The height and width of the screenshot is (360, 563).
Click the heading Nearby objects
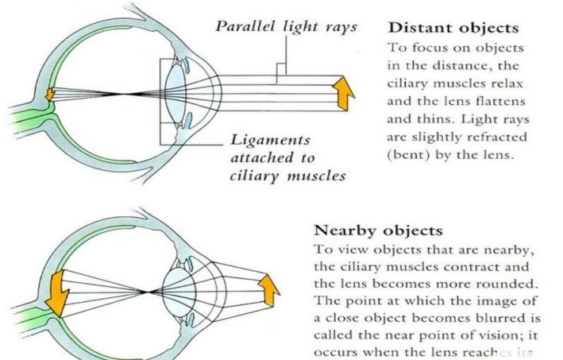coord(378,230)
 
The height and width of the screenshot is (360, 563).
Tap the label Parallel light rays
coord(287,26)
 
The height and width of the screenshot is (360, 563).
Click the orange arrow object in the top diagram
coord(343,94)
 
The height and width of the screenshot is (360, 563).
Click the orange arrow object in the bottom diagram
coord(270,291)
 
